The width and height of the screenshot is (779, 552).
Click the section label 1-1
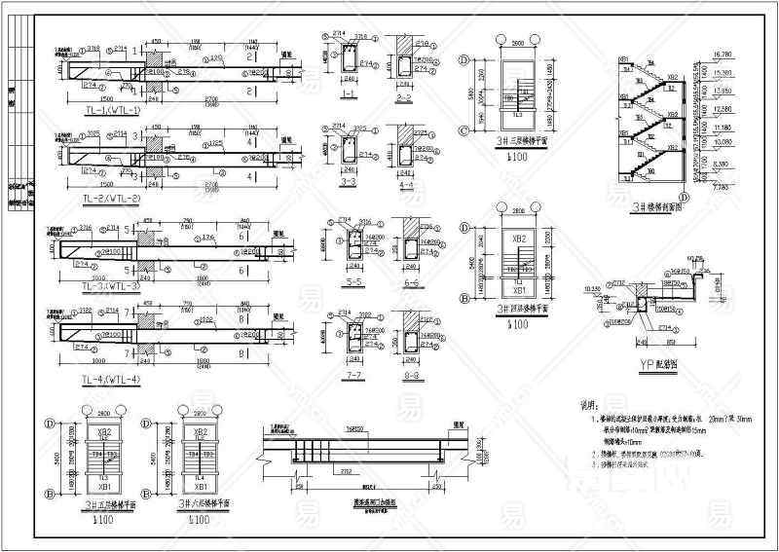tap(348, 94)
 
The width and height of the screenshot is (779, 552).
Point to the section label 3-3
tap(348, 182)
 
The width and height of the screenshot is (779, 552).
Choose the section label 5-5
tap(348, 282)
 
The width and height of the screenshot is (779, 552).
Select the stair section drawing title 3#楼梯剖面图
tap(654, 205)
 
